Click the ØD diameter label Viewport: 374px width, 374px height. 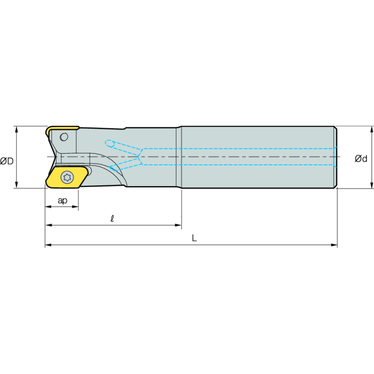coord(7,161)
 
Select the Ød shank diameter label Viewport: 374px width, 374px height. coord(361,158)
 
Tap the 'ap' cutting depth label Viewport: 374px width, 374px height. coord(62,200)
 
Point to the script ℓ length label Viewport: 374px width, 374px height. coord(112,218)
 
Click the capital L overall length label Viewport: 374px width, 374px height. coord(195,238)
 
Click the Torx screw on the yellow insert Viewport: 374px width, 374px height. coord(67,177)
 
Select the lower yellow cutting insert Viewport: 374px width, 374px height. coord(67,177)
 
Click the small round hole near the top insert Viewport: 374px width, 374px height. coord(64,137)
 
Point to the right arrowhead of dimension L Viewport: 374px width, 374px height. coord(335,245)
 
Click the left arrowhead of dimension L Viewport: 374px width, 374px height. coord(48,245)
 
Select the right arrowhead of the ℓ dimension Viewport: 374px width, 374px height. coord(178,225)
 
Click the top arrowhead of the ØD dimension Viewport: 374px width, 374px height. coord(17,130)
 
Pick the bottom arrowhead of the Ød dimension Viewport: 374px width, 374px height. coord(372,185)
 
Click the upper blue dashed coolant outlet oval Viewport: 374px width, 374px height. coord(110,143)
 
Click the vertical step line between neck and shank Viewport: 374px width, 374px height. coord(181,157)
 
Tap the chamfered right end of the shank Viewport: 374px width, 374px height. coord(335,157)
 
